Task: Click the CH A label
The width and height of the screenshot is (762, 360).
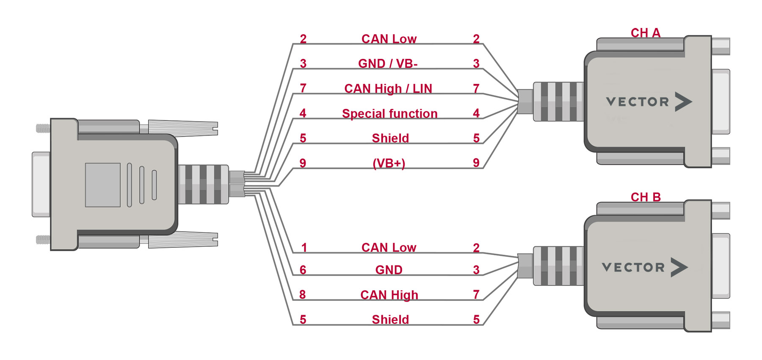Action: point(645,33)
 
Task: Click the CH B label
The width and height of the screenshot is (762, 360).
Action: point(645,197)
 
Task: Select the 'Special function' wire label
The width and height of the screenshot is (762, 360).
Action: point(389,114)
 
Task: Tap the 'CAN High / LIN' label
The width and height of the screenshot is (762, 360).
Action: point(388,89)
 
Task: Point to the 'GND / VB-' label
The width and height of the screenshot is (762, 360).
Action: point(388,64)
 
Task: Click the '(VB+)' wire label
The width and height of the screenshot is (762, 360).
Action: point(389,163)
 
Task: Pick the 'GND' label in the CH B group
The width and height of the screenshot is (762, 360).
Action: point(389,270)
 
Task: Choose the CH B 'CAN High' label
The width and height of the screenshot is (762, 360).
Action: point(389,295)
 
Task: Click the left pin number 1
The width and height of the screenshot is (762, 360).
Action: point(304,247)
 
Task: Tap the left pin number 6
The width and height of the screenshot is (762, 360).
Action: point(303,270)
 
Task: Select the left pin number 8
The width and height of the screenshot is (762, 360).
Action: point(302,295)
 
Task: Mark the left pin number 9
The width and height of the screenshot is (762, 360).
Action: point(303,163)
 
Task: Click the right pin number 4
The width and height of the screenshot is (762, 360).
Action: point(476,114)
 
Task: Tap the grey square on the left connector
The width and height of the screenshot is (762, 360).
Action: point(102,185)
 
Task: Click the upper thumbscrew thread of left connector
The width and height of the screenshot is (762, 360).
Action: point(43,128)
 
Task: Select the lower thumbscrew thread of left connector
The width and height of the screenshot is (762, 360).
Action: point(43,240)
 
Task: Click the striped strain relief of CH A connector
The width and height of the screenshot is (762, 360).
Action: point(558,102)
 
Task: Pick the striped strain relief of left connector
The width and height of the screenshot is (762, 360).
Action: point(203,184)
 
